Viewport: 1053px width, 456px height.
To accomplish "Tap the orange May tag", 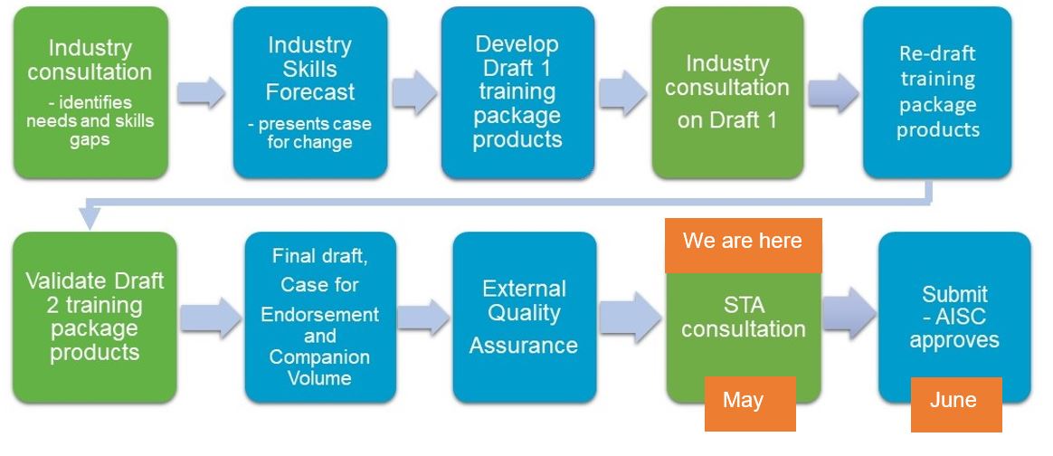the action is (750, 404).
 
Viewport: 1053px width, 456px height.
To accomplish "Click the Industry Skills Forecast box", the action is (310, 92).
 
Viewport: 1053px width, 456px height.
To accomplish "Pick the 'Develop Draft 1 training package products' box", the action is (517, 92).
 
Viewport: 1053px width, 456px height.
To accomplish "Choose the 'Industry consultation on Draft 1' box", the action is (728, 92).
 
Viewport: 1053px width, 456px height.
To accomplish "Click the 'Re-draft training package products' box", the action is (937, 92).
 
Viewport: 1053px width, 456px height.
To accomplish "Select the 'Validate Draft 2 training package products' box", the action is (95, 318).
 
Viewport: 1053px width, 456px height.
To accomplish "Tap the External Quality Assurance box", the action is (525, 318).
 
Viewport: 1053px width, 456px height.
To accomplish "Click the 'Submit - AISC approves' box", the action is (954, 318).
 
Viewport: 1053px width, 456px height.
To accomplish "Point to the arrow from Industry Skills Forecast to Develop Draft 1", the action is (414, 92).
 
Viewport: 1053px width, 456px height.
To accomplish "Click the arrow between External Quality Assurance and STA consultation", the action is (630, 317).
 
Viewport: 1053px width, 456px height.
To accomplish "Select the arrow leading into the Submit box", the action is (849, 313).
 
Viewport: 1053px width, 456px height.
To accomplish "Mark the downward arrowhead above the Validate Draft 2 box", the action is (90, 218).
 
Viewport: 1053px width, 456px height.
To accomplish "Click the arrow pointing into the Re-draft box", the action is (833, 92).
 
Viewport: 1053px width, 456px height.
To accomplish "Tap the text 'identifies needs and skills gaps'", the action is (90, 121).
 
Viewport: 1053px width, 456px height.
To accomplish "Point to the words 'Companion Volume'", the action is (319, 366).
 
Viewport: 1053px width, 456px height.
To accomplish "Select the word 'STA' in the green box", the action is (745, 305).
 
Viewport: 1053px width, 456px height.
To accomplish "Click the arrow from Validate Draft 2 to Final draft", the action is (211, 317).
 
